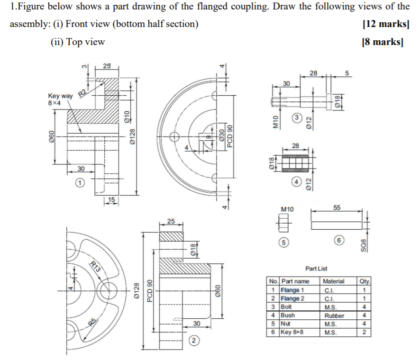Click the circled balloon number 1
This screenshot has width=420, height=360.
coord(81,182)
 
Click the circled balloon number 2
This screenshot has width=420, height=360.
coord(193,340)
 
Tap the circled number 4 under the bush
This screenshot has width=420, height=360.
coord(297,181)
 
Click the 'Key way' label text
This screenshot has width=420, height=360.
coord(60,96)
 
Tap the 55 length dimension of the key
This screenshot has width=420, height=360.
coord(337,208)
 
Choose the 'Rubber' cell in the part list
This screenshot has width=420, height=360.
coord(334,315)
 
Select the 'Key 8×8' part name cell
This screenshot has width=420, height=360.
coord(292,332)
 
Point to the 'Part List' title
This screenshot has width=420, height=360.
coord(317,269)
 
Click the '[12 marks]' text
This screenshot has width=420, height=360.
coord(385,24)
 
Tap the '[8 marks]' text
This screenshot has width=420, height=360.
coord(388,42)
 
